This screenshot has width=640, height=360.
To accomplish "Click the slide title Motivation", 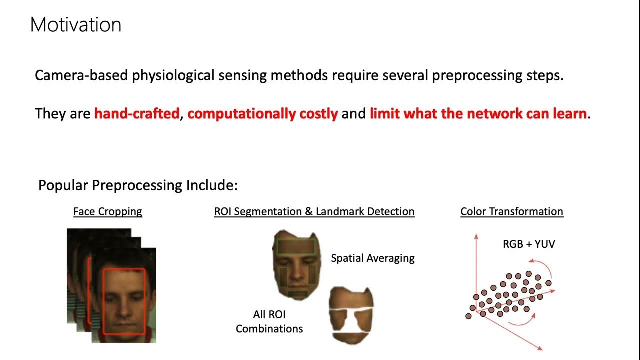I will point(75,25).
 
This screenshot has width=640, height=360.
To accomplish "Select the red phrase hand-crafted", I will point(136,114).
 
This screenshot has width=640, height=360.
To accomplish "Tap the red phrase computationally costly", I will point(263,114).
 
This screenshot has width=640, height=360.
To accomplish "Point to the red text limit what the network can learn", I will point(478,114).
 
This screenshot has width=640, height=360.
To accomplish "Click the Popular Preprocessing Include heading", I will point(138,185).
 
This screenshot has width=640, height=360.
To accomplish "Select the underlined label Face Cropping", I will point(108,211).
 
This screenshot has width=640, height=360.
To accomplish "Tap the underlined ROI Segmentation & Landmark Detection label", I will point(314,211).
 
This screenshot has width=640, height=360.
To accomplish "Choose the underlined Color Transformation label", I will point(512,211).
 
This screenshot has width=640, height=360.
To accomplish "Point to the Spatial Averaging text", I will point(373,258).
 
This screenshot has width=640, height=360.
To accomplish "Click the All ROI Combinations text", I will point(269,321).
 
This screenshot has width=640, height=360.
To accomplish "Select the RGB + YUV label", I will point(529,244).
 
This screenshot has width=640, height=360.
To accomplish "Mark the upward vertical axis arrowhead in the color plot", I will point(476,236).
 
